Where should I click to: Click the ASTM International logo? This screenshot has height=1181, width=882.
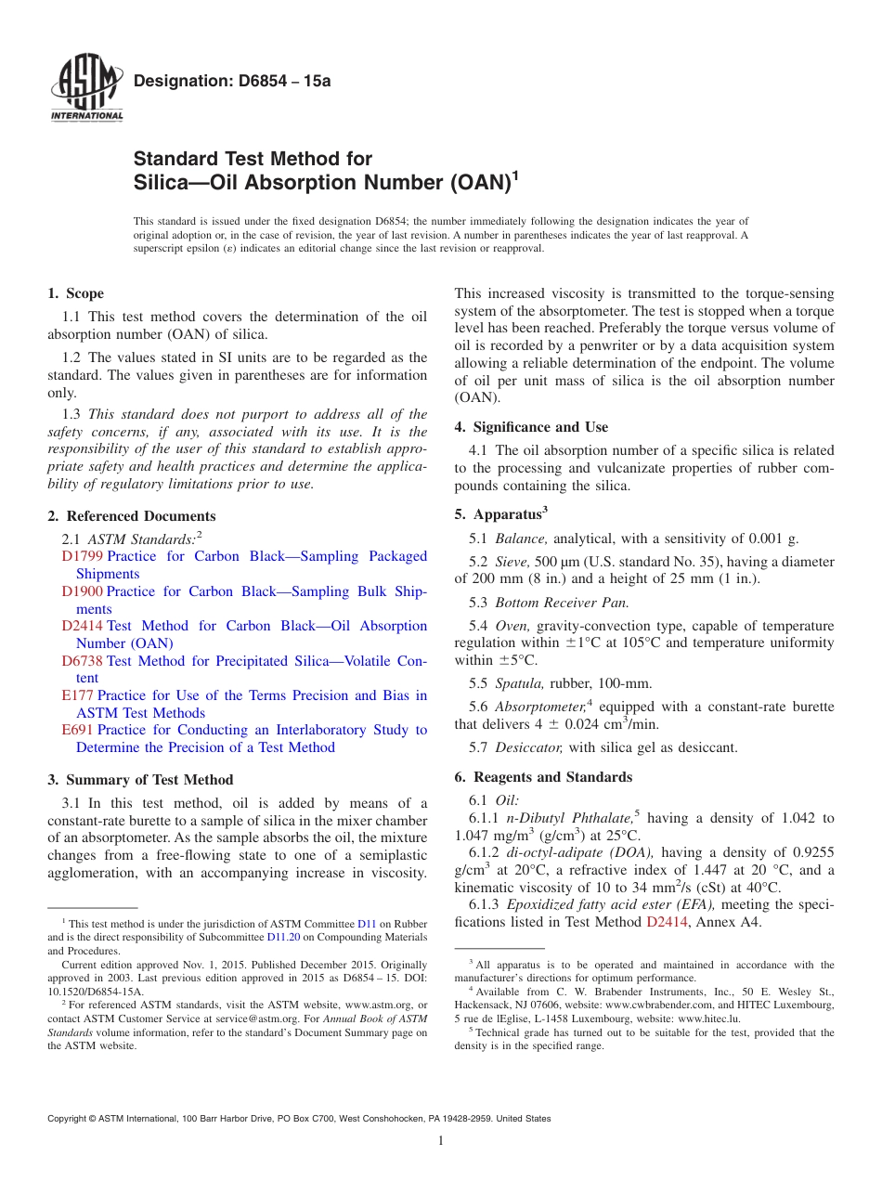pos(85,90)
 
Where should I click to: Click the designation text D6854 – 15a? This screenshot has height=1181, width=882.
pos(232,81)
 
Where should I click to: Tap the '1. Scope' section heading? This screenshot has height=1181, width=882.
pos(76,293)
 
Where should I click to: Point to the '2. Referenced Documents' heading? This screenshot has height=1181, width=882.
pos(132,516)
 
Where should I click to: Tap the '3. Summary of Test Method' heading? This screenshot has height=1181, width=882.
pos(140,780)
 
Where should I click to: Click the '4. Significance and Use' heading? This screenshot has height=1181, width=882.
pos(531,427)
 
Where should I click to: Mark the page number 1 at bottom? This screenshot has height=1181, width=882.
pos(441,1141)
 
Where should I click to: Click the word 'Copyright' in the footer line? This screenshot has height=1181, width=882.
pos(70,1119)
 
